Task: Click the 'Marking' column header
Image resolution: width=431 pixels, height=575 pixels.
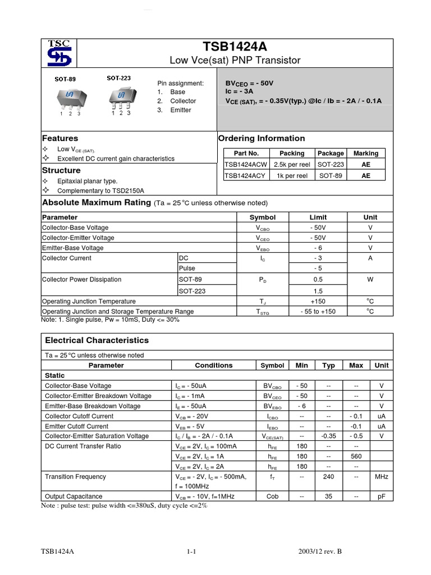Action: click(366, 153)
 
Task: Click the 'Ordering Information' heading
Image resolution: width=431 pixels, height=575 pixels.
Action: click(262, 138)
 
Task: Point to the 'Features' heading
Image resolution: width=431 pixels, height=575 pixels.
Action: click(61, 138)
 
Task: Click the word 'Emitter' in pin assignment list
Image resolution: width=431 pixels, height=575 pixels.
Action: click(181, 110)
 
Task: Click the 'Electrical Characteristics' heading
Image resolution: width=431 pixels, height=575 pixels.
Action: click(97, 340)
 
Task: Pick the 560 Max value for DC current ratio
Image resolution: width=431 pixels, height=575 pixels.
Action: click(356, 457)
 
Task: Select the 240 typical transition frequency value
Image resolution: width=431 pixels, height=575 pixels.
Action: click(328, 477)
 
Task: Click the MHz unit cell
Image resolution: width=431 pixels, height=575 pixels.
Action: click(381, 477)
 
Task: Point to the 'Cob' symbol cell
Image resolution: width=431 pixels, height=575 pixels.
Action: click(272, 496)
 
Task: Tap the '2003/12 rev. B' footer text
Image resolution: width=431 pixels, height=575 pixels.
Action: click(321, 552)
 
